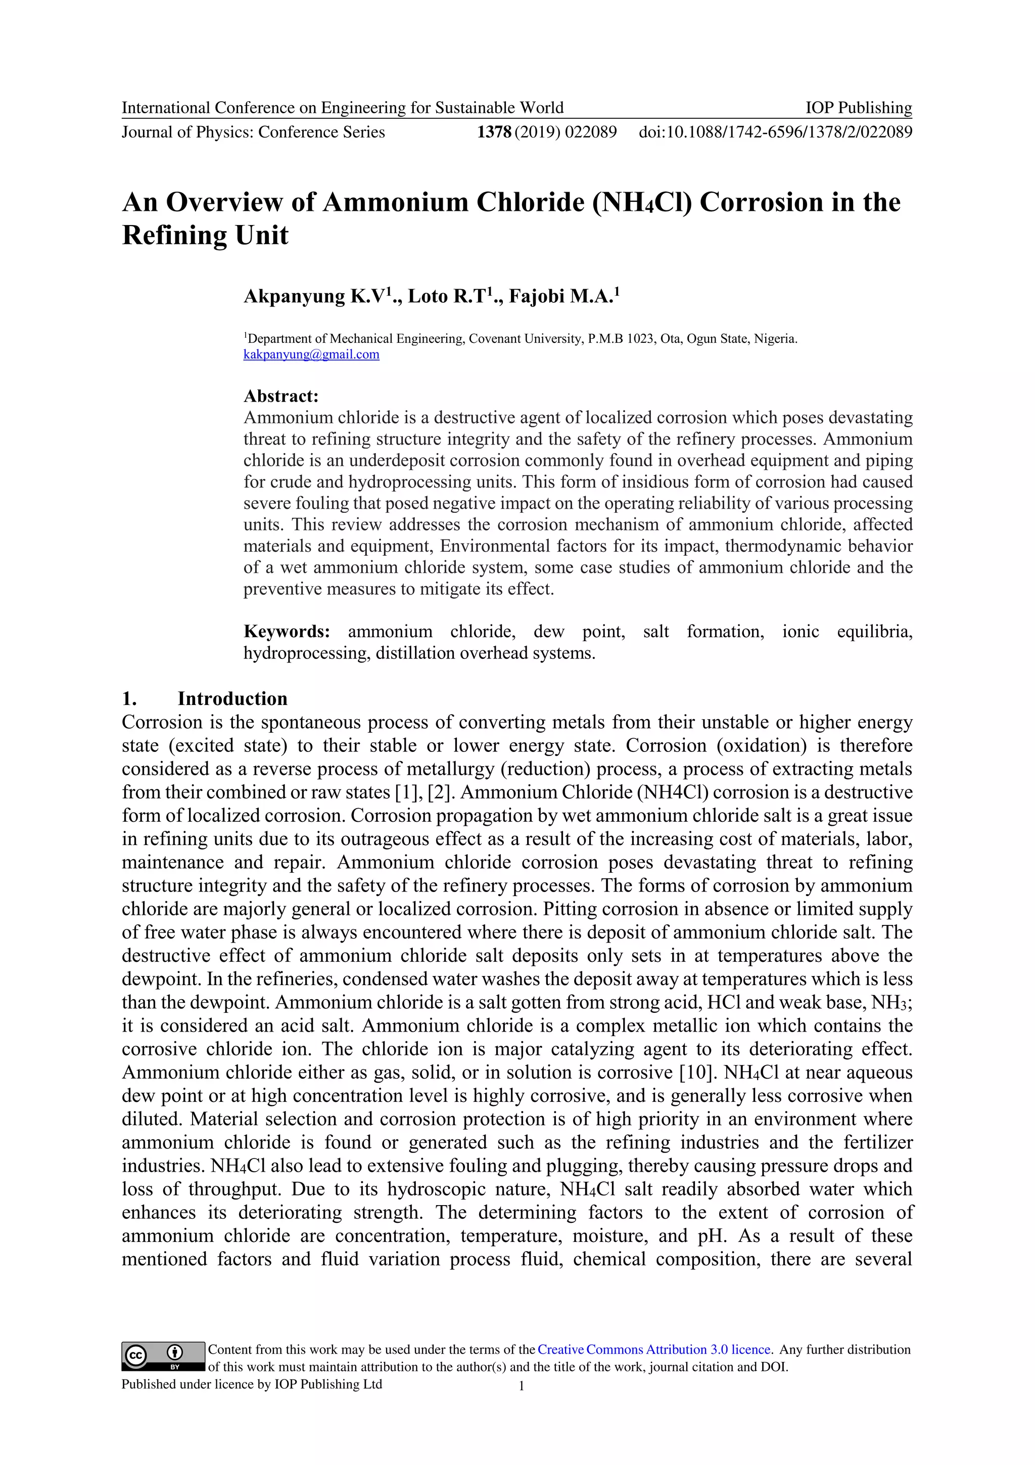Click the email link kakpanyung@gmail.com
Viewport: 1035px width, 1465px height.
(311, 355)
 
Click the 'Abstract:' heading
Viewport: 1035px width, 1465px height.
(280, 396)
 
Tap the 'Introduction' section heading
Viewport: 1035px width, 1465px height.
(232, 699)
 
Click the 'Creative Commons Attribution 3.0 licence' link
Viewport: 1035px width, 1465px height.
(655, 1350)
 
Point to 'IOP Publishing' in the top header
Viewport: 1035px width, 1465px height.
(858, 108)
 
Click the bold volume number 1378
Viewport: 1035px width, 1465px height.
(494, 132)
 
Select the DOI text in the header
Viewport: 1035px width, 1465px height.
(775, 132)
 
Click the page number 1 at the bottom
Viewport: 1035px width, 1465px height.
(522, 1385)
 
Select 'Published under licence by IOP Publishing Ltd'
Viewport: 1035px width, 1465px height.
(252, 1384)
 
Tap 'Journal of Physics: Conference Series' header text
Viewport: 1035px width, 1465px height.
(253, 132)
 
